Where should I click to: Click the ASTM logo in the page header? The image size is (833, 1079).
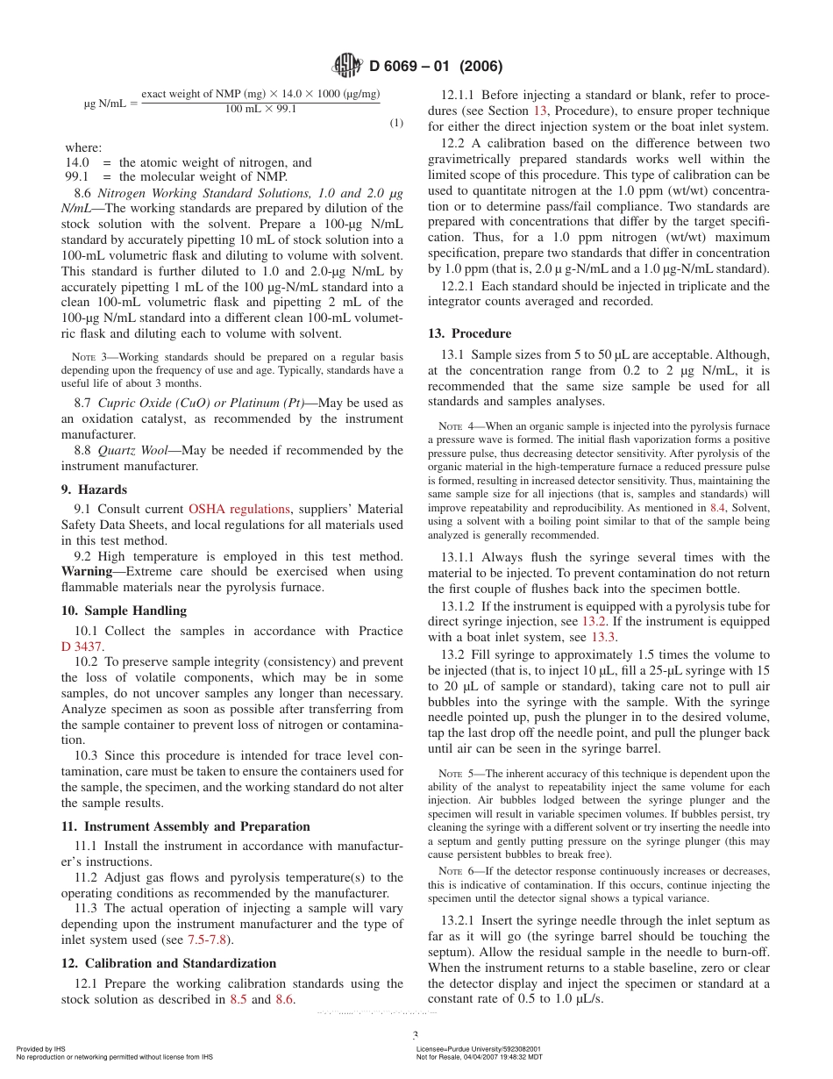tap(348, 66)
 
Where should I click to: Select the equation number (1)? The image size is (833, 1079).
tap(396, 123)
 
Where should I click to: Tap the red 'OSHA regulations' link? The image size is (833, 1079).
tap(239, 509)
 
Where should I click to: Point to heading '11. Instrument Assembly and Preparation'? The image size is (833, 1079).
tap(185, 826)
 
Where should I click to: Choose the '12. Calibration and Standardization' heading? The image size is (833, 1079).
tap(168, 963)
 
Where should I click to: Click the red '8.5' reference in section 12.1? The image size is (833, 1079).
tap(238, 999)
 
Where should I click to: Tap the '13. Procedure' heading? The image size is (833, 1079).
tap(469, 333)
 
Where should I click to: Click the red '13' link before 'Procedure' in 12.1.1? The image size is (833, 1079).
tap(541, 111)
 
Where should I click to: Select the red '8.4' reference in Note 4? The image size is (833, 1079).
tap(716, 508)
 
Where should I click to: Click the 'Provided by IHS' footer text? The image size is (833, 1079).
tap(40, 1049)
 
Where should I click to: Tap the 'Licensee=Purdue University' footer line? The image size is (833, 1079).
tap(478, 1049)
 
